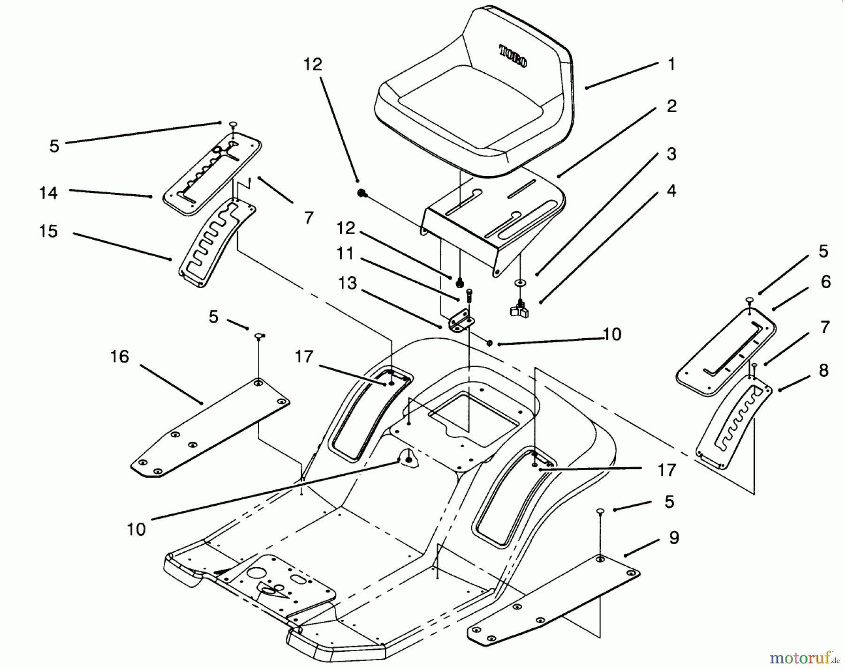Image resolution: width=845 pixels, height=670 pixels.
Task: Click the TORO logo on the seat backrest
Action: tap(513, 56)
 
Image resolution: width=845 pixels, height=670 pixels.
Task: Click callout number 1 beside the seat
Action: tap(671, 64)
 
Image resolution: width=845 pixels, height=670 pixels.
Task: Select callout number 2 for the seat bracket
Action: tap(671, 107)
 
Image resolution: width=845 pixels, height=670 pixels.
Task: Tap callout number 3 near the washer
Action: tap(671, 154)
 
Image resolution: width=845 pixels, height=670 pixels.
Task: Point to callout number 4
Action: tap(671, 191)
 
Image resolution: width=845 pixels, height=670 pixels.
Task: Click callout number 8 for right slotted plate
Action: tap(823, 371)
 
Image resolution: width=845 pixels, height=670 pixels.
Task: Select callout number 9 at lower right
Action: tap(674, 538)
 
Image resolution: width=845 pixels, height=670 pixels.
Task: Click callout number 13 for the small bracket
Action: tap(348, 283)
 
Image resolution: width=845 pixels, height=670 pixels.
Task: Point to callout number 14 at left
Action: tap(48, 193)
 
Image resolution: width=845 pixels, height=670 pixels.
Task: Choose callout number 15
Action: tap(48, 231)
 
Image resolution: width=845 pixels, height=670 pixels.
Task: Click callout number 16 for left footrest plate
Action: tap(119, 357)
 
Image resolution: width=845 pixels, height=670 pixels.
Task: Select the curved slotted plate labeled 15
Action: tap(216, 244)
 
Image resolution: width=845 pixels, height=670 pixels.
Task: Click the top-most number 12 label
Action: tap(313, 64)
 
